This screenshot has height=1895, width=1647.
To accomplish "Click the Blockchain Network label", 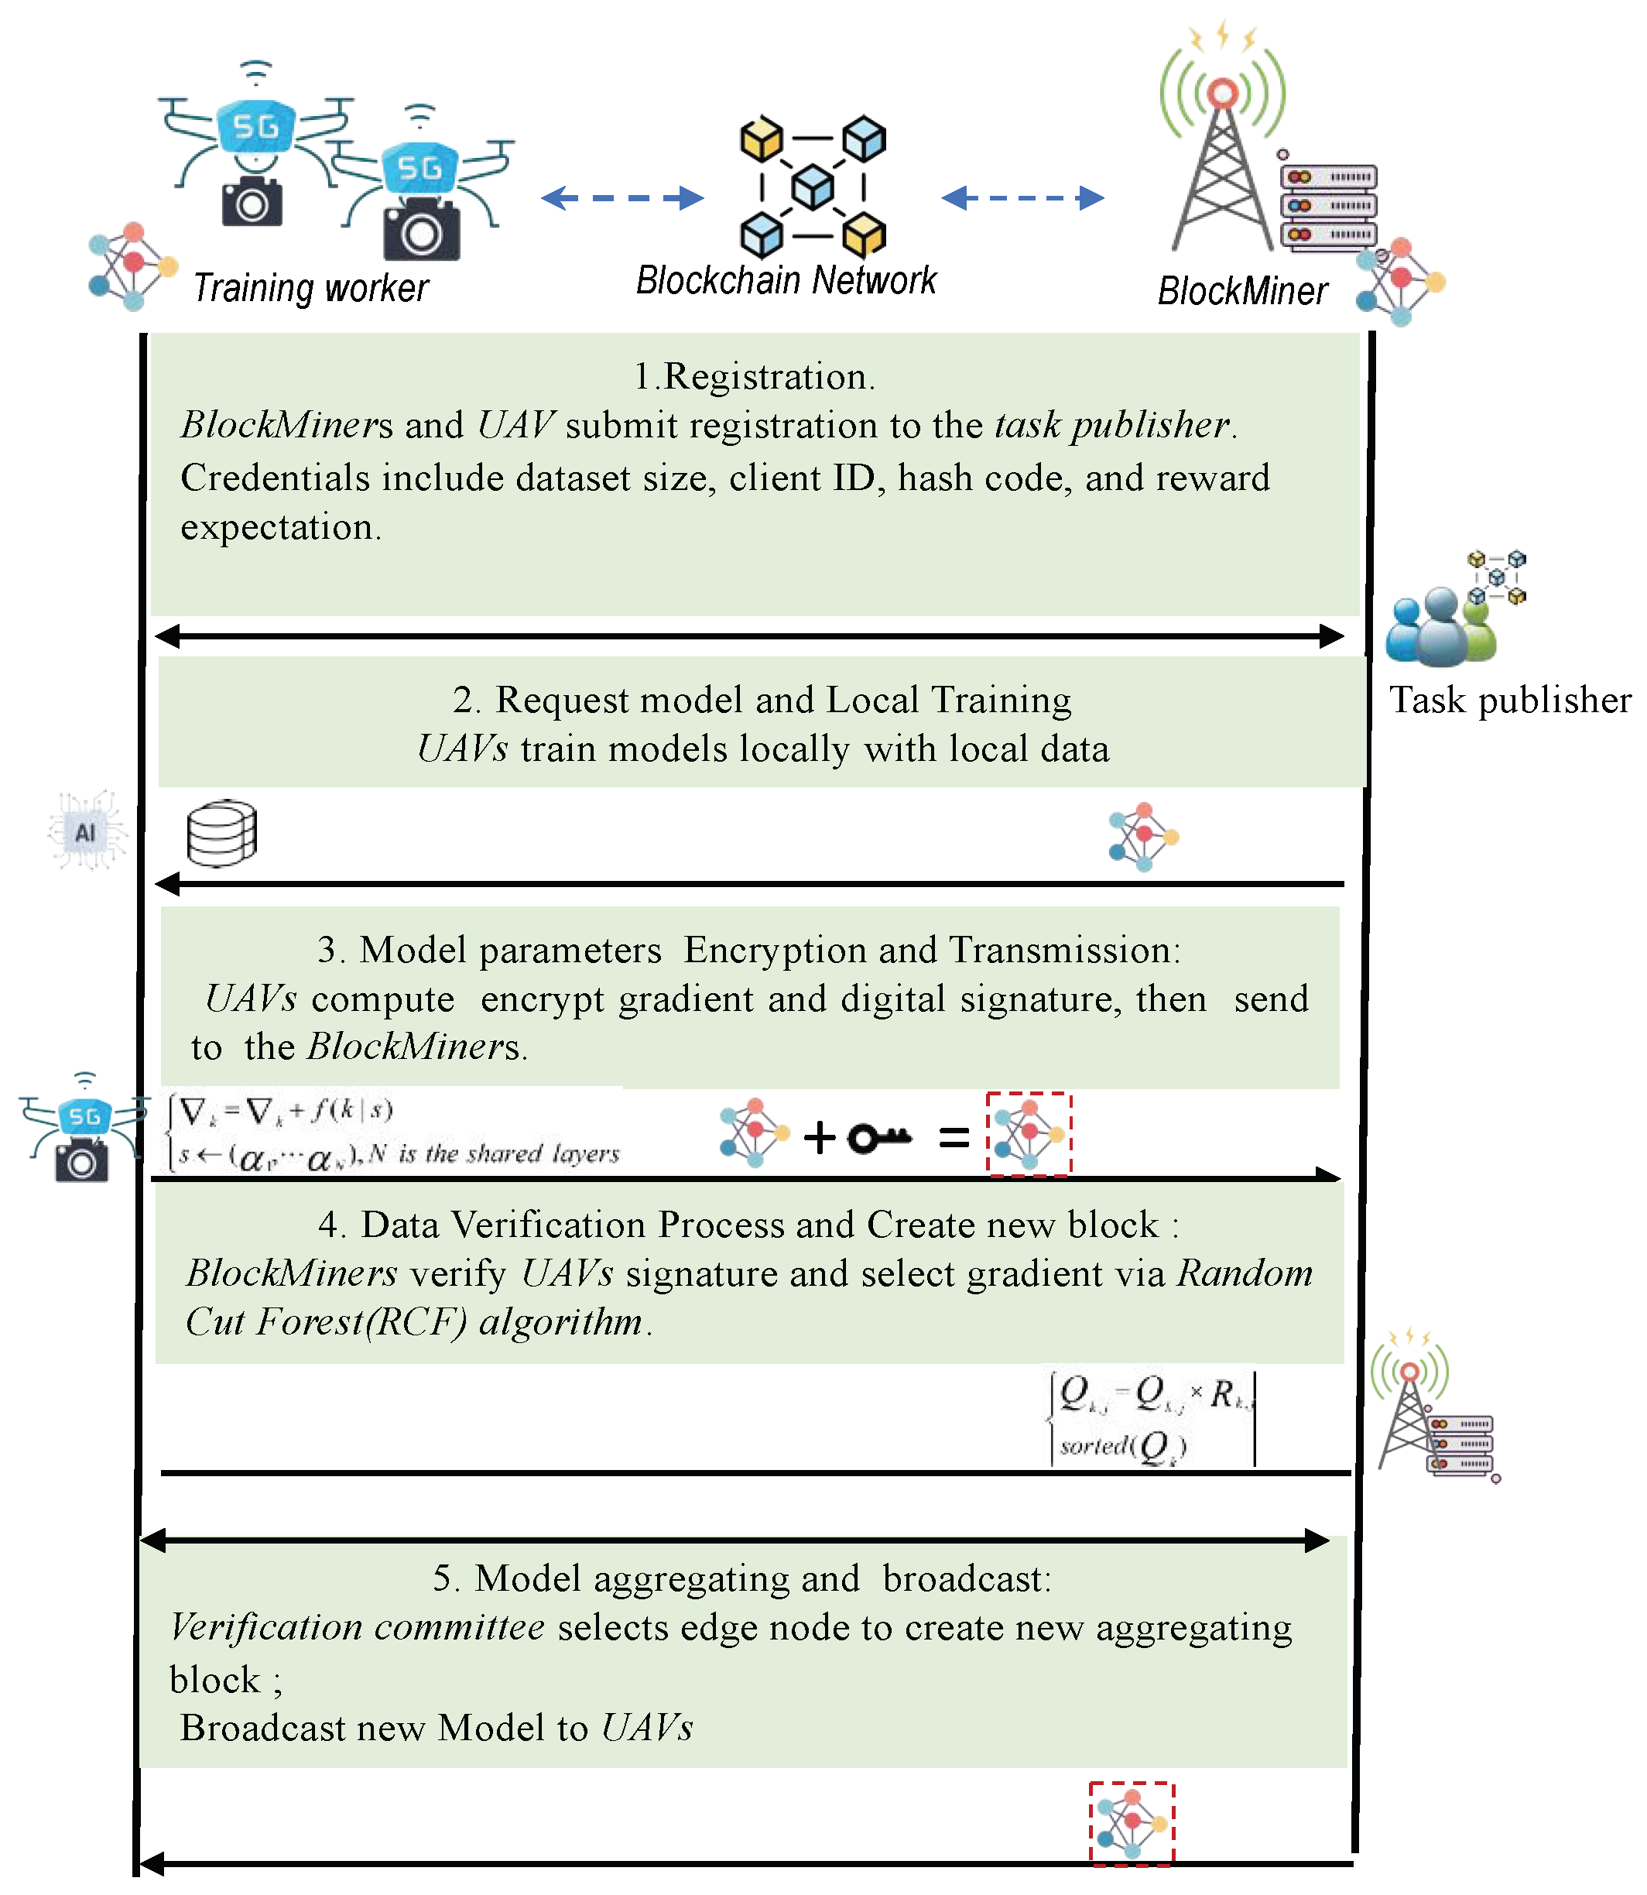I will click(786, 279).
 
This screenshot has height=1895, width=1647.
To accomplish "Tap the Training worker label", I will click(310, 288).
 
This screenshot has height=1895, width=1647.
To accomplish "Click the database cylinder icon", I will click(221, 833).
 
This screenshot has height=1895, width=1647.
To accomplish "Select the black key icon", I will click(878, 1138).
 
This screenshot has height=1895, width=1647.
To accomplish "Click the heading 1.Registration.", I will click(754, 377).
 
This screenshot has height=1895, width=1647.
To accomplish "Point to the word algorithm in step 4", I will click(562, 1321).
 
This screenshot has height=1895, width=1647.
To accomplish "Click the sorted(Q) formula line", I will click(1123, 1445).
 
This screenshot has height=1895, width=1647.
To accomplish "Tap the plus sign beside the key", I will click(819, 1138).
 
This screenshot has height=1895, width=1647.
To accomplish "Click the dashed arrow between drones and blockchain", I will click(622, 197).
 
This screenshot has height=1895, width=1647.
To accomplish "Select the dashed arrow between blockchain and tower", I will click(1022, 197).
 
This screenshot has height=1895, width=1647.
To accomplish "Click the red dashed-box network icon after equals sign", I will click(1029, 1133).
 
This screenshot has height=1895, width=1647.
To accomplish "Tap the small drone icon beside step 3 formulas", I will click(83, 1129).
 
